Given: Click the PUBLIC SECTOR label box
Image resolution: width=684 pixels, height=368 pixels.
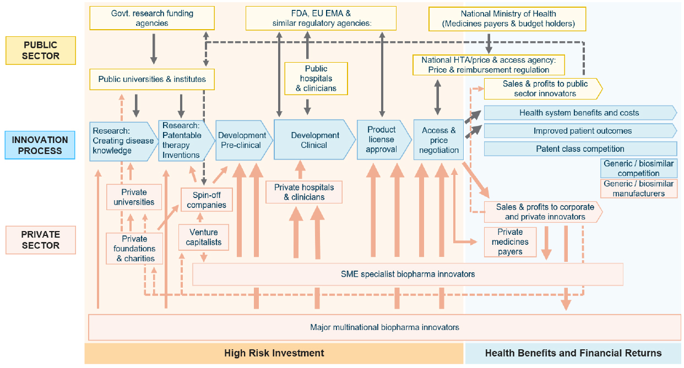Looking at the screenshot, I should pos(40,50).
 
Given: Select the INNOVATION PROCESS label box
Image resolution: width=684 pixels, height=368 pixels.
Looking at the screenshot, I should pos(40,145).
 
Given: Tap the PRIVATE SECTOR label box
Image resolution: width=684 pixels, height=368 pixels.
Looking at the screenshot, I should pos(40,240).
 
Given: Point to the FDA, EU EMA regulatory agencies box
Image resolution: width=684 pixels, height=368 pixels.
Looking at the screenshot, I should pos(321,18).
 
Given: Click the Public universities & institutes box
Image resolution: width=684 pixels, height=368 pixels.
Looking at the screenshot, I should pos(152,79).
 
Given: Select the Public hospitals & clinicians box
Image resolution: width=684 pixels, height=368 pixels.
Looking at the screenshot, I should pos(316,78).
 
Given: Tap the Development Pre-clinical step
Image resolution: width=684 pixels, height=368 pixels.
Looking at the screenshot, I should pos(242,140).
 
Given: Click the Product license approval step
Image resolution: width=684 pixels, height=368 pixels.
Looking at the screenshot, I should pos(381,140).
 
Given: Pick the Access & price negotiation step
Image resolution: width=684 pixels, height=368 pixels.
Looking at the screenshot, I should pos(438,140).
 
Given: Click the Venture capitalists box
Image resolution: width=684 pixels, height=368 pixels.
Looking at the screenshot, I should pos(203,237).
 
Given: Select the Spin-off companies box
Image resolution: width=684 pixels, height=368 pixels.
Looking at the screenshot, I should pos(207,200).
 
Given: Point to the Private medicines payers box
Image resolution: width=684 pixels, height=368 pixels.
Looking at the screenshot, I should pos(510,241).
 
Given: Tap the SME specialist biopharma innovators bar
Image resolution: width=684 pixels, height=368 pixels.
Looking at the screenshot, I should pos(408,274).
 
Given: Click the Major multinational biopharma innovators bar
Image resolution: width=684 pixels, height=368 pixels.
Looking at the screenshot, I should pos(384,327).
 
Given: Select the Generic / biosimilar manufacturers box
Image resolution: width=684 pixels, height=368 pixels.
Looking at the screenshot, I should pos(638,189).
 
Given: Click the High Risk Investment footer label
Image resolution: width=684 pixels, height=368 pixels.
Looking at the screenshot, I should pos(274,353).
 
